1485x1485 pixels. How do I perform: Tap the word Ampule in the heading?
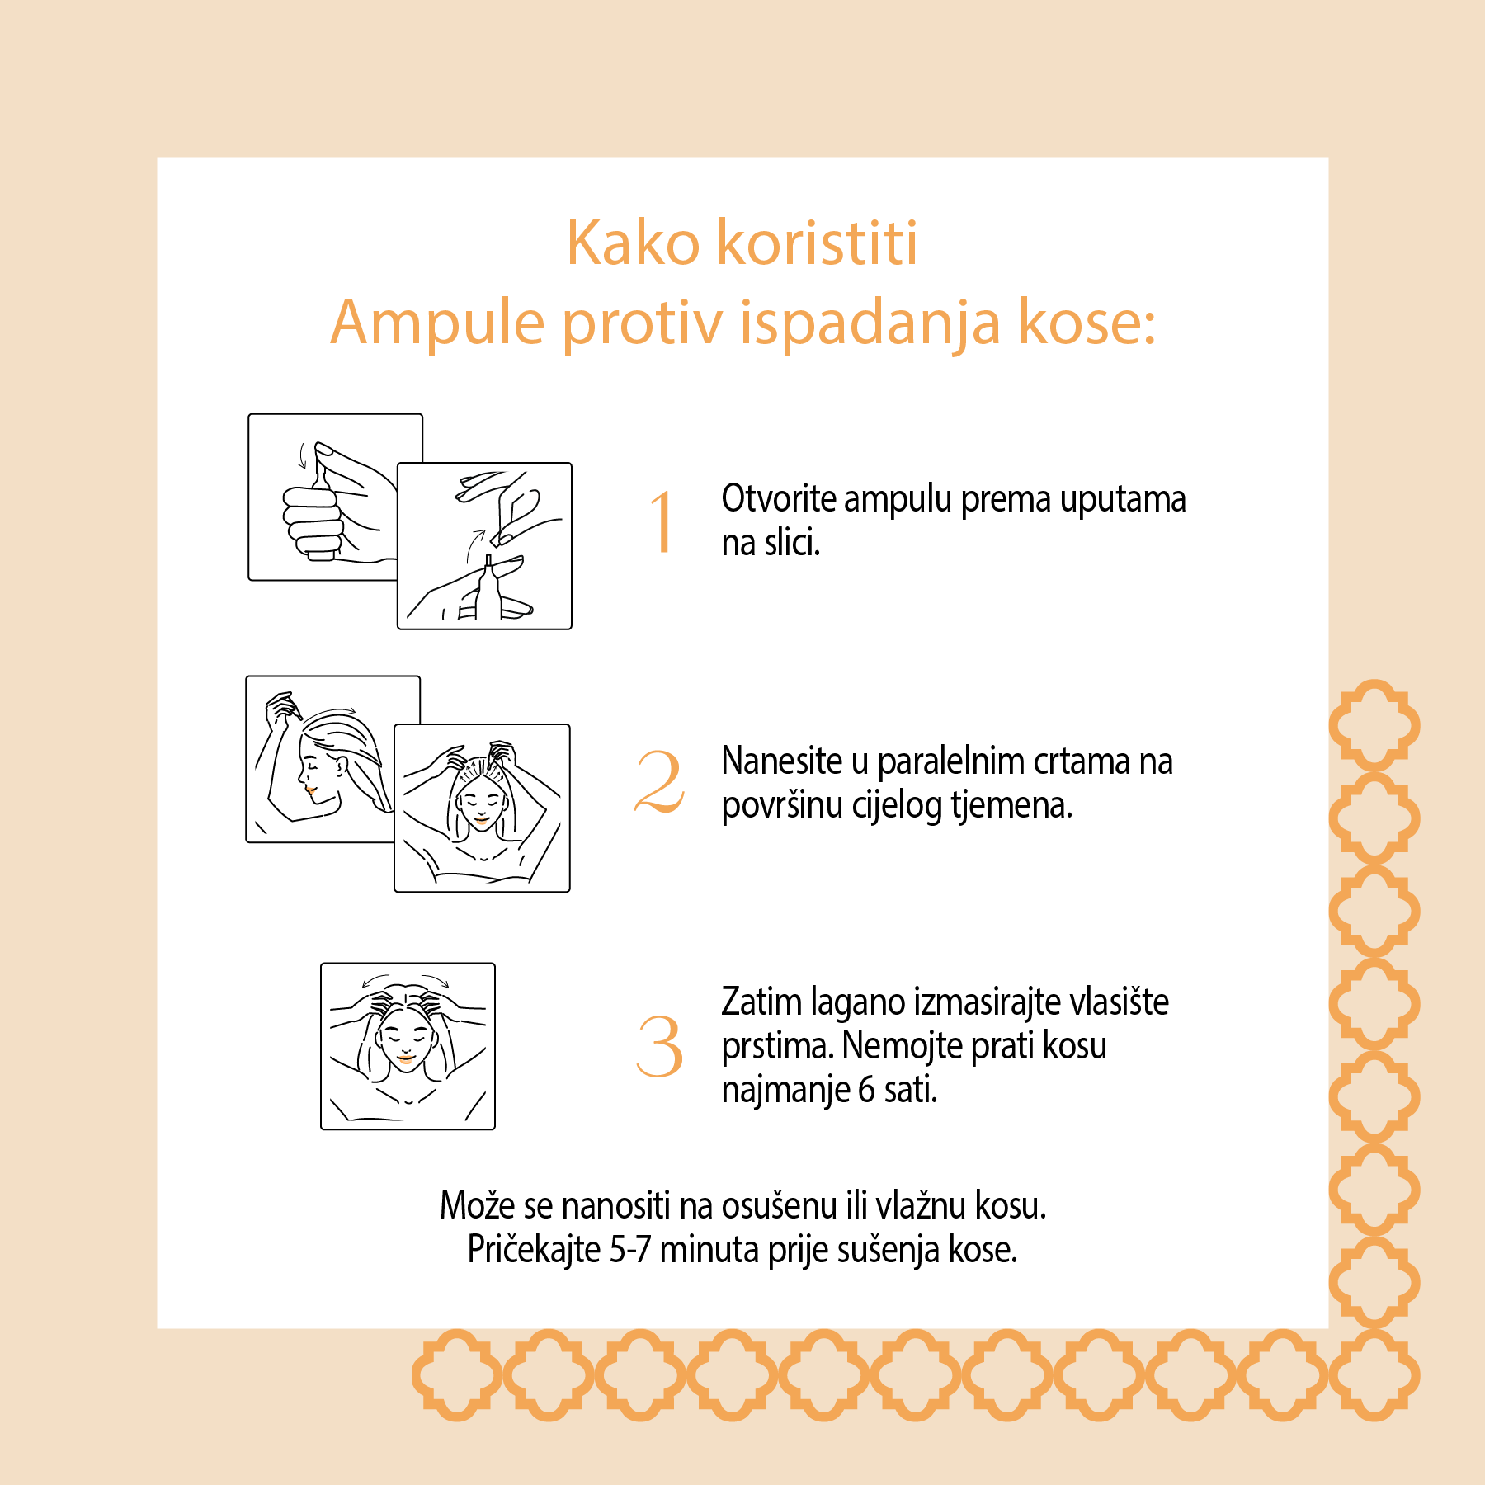(x=437, y=323)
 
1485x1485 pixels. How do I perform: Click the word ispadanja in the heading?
(x=870, y=323)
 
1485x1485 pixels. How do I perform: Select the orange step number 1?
(x=662, y=521)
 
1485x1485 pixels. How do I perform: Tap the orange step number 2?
(x=660, y=781)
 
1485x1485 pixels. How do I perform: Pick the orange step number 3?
(x=660, y=1046)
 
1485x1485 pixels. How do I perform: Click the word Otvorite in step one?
(x=779, y=498)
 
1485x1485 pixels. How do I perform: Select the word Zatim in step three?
(x=761, y=1002)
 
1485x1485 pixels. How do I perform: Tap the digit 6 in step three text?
(x=866, y=1090)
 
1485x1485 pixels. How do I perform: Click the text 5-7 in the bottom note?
(x=629, y=1249)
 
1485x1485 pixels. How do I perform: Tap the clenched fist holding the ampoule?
(x=312, y=518)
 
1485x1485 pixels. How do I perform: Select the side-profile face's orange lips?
(x=310, y=790)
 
